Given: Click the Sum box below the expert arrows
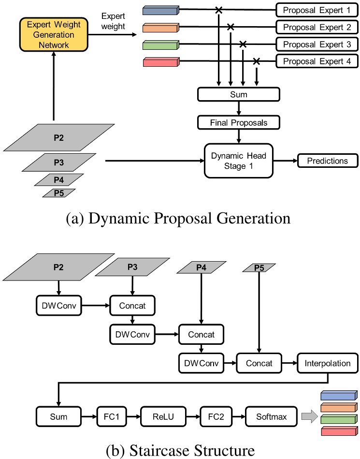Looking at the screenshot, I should click(238, 94).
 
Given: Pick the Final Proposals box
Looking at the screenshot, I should click(238, 123).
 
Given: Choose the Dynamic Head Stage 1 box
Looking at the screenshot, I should click(238, 161).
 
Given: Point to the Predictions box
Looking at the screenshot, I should click(327, 161).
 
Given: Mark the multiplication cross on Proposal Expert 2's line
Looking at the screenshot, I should click(231, 27).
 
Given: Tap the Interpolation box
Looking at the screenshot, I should click(327, 363).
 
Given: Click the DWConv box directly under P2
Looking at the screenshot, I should click(58, 306).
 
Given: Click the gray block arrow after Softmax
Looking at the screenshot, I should click(307, 416).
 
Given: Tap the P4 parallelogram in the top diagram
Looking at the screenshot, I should click(58, 180).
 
